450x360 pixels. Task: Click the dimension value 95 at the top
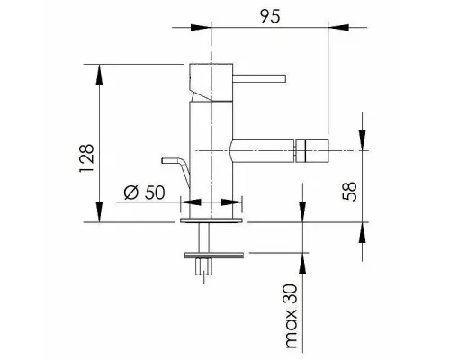coord(270,16)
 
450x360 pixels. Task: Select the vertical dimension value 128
coord(86,158)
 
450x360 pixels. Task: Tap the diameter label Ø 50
coord(145,193)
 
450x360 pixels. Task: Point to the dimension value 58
coord(349,192)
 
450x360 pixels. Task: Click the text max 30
coord(291,316)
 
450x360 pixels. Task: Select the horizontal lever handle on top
coord(259,78)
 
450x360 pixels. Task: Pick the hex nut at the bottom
coord(203,266)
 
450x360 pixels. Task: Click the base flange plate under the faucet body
coord(211,220)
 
